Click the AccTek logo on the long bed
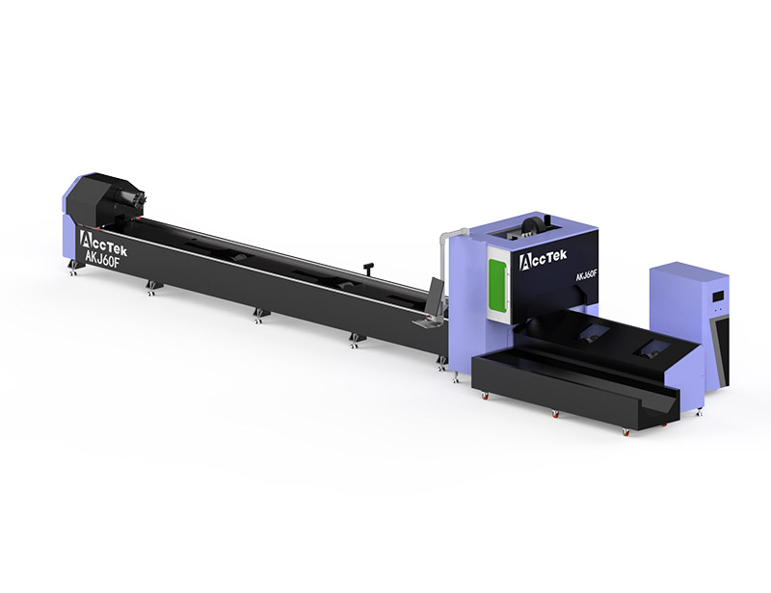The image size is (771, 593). (x=103, y=244)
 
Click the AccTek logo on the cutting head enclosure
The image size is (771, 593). (x=543, y=260)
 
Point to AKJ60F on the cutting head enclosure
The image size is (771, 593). (x=587, y=276)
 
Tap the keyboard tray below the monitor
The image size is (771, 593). (x=425, y=322)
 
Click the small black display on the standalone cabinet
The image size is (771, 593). (x=718, y=296)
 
